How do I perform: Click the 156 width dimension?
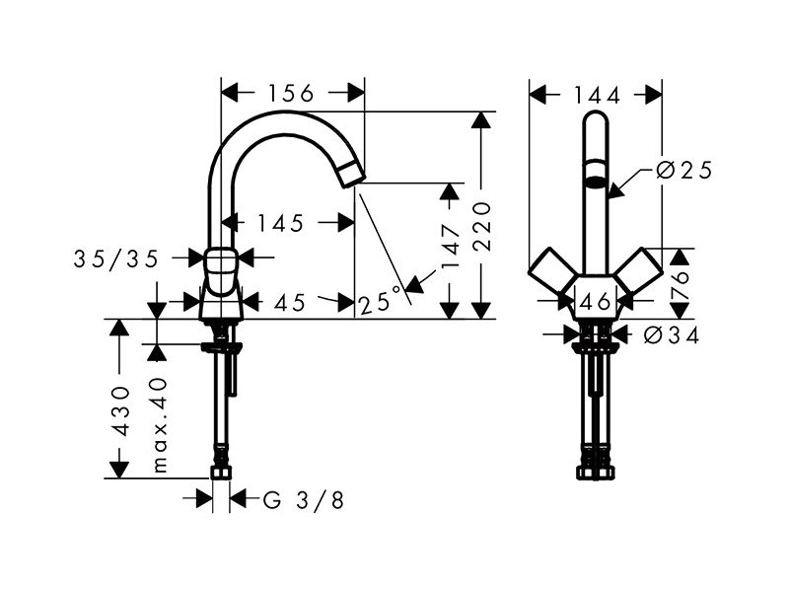(x=290, y=93)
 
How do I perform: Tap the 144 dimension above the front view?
(x=598, y=95)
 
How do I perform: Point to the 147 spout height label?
(x=451, y=247)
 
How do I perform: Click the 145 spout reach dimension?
(x=281, y=223)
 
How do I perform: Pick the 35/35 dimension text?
(x=116, y=259)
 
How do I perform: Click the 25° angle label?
(x=381, y=302)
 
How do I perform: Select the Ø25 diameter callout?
(x=684, y=171)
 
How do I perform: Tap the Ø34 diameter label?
(x=672, y=334)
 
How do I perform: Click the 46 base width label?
(x=596, y=302)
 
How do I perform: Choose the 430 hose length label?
(x=120, y=411)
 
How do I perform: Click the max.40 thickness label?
(x=159, y=425)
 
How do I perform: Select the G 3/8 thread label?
(x=304, y=500)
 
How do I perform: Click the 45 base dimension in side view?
(x=290, y=302)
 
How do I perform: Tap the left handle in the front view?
(x=552, y=269)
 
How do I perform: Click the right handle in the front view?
(x=638, y=269)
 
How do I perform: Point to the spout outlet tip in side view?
(x=351, y=176)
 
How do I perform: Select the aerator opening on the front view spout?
(x=596, y=182)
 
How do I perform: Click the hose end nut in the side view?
(x=221, y=473)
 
